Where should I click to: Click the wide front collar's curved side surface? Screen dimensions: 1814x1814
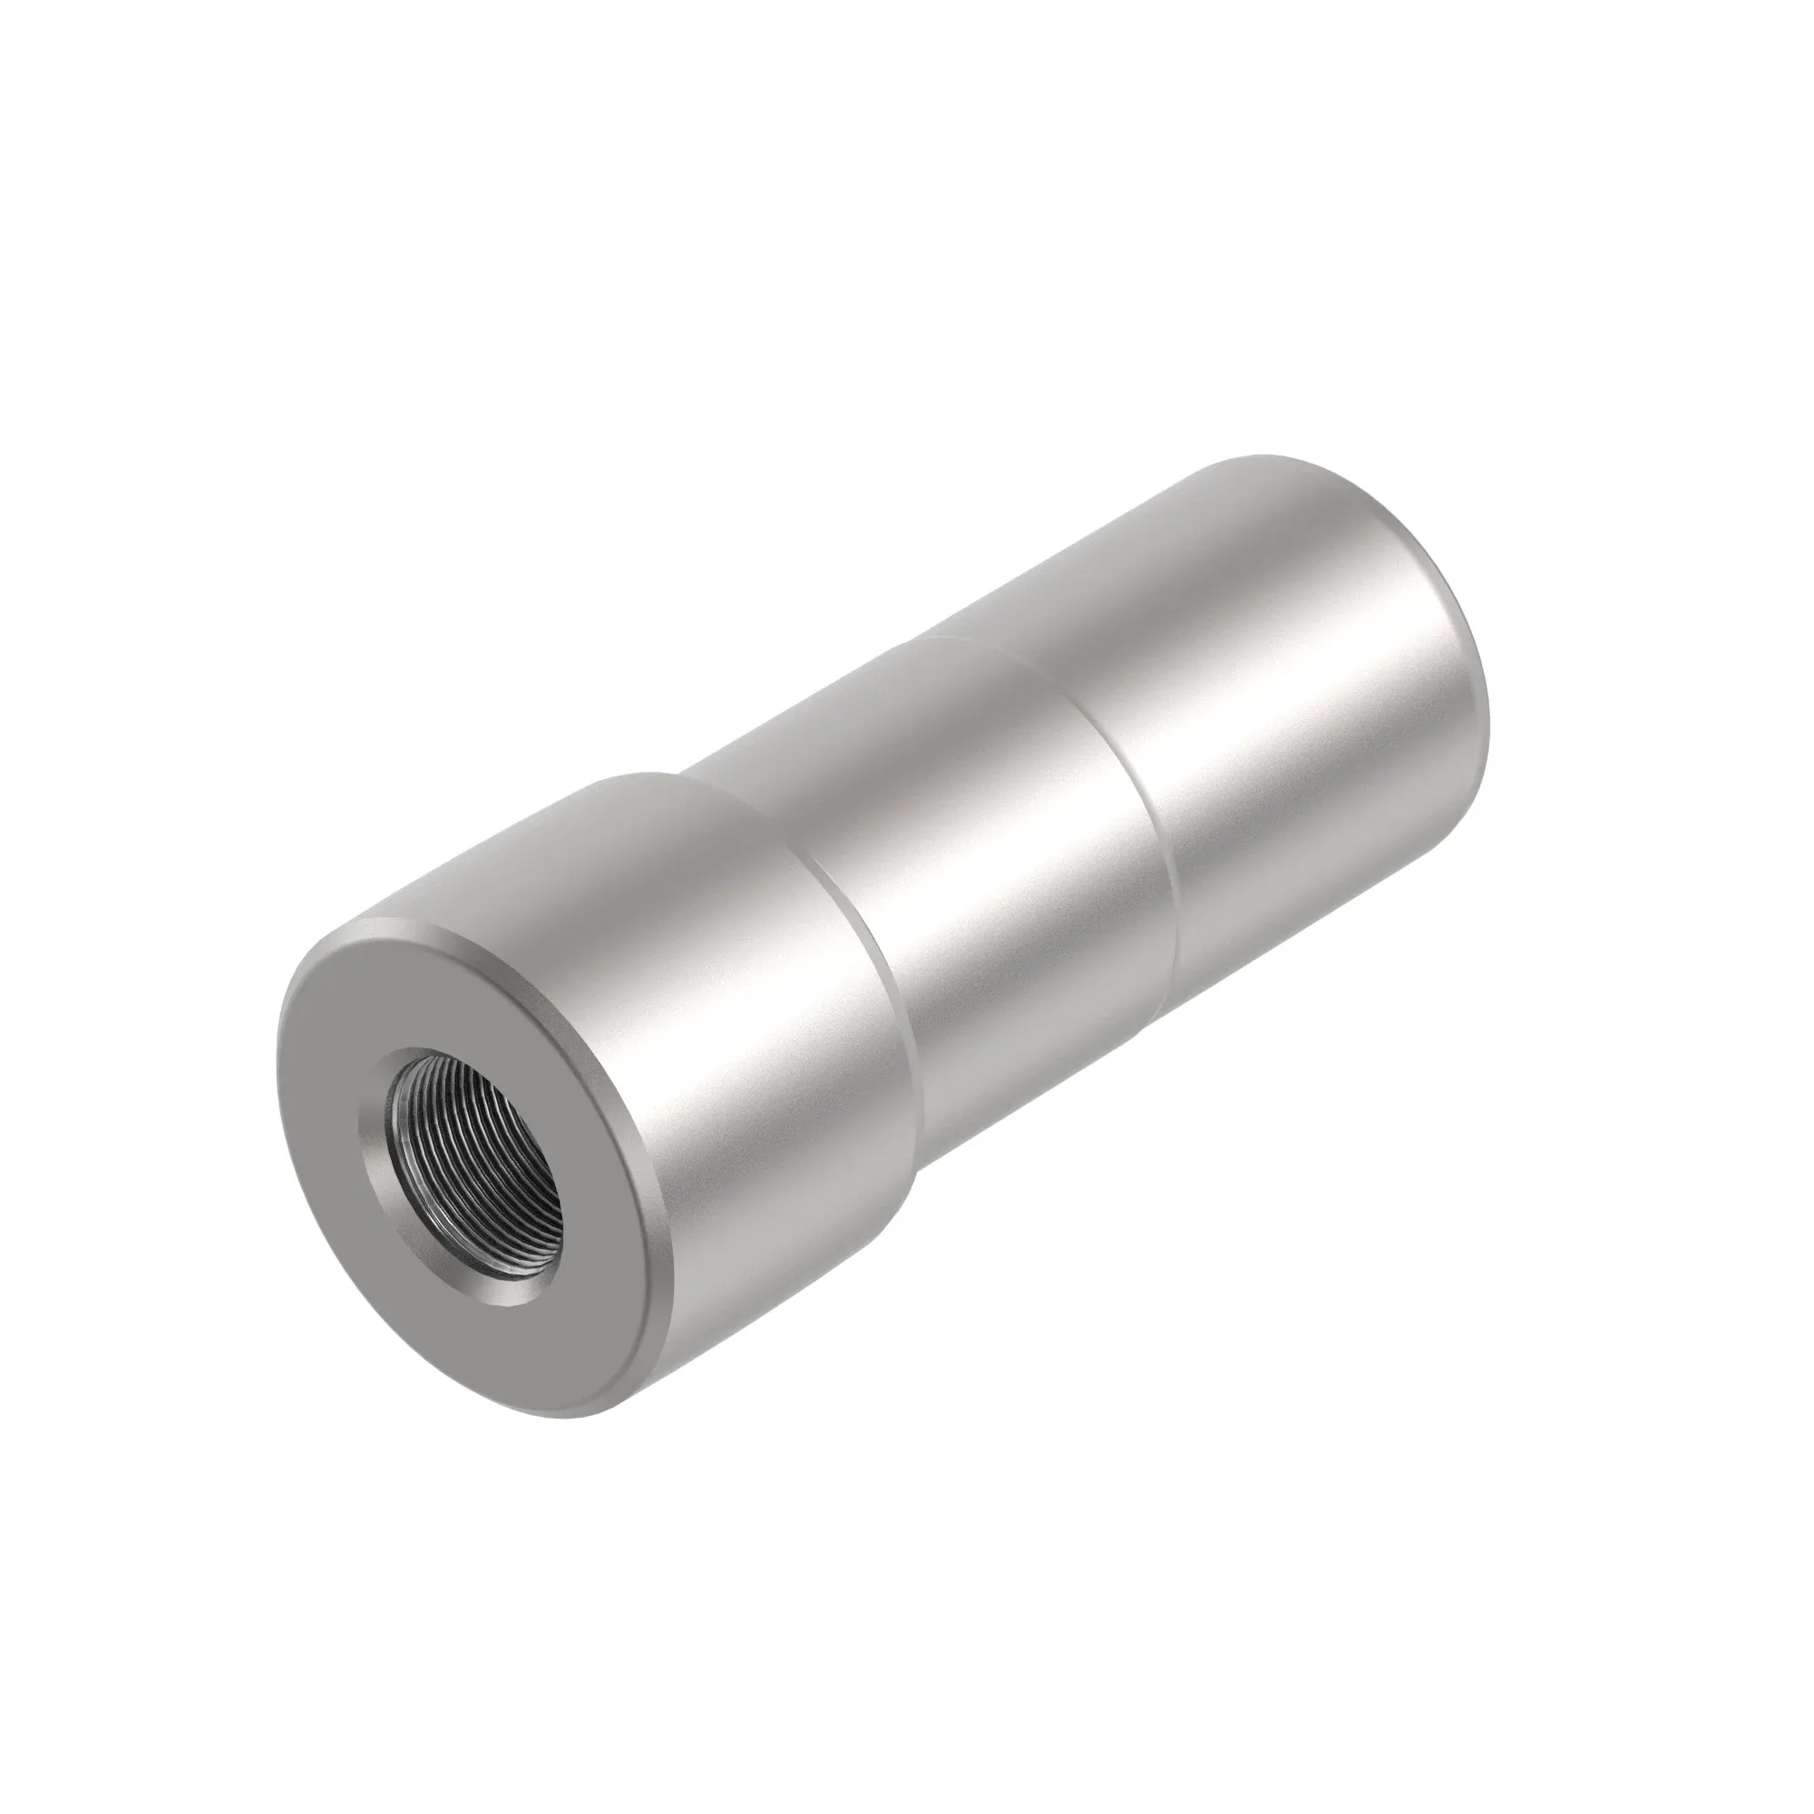point(751,1079)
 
